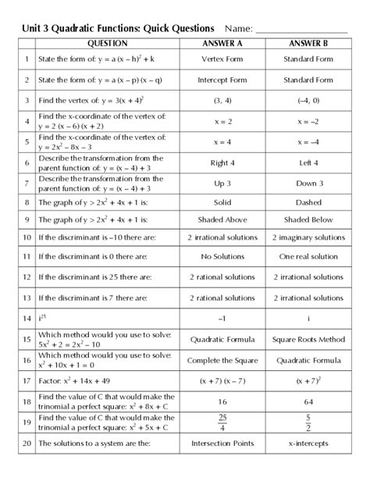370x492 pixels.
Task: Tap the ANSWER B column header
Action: (x=308, y=44)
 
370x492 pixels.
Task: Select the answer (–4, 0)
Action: (x=308, y=101)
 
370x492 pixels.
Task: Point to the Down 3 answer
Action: (x=308, y=183)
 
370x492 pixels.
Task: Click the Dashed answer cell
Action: (x=308, y=201)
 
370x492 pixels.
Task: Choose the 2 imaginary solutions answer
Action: (x=308, y=237)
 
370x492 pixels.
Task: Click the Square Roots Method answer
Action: (x=308, y=340)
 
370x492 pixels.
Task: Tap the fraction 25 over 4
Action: (x=222, y=422)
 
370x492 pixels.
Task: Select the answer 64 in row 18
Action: (x=308, y=401)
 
